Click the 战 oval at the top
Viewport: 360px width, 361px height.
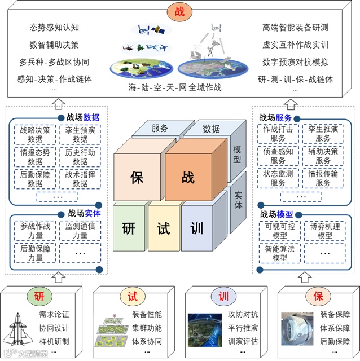pos(179,11)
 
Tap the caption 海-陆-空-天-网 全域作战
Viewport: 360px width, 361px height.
pos(174,87)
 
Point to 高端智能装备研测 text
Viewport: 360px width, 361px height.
pos(295,27)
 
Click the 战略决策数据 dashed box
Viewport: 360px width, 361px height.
pos(35,134)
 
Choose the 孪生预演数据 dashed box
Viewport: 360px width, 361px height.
pos(81,134)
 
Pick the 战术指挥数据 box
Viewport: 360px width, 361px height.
pos(81,178)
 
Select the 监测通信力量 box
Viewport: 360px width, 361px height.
pos(81,231)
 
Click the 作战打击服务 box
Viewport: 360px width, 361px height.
pos(278,134)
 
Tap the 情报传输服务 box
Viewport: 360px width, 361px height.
pos(323,178)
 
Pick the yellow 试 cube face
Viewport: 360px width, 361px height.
pos(163,228)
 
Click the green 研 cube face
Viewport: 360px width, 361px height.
pos(129,228)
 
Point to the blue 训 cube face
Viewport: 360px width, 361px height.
pos(197,228)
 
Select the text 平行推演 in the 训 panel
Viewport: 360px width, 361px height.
pos(243,327)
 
